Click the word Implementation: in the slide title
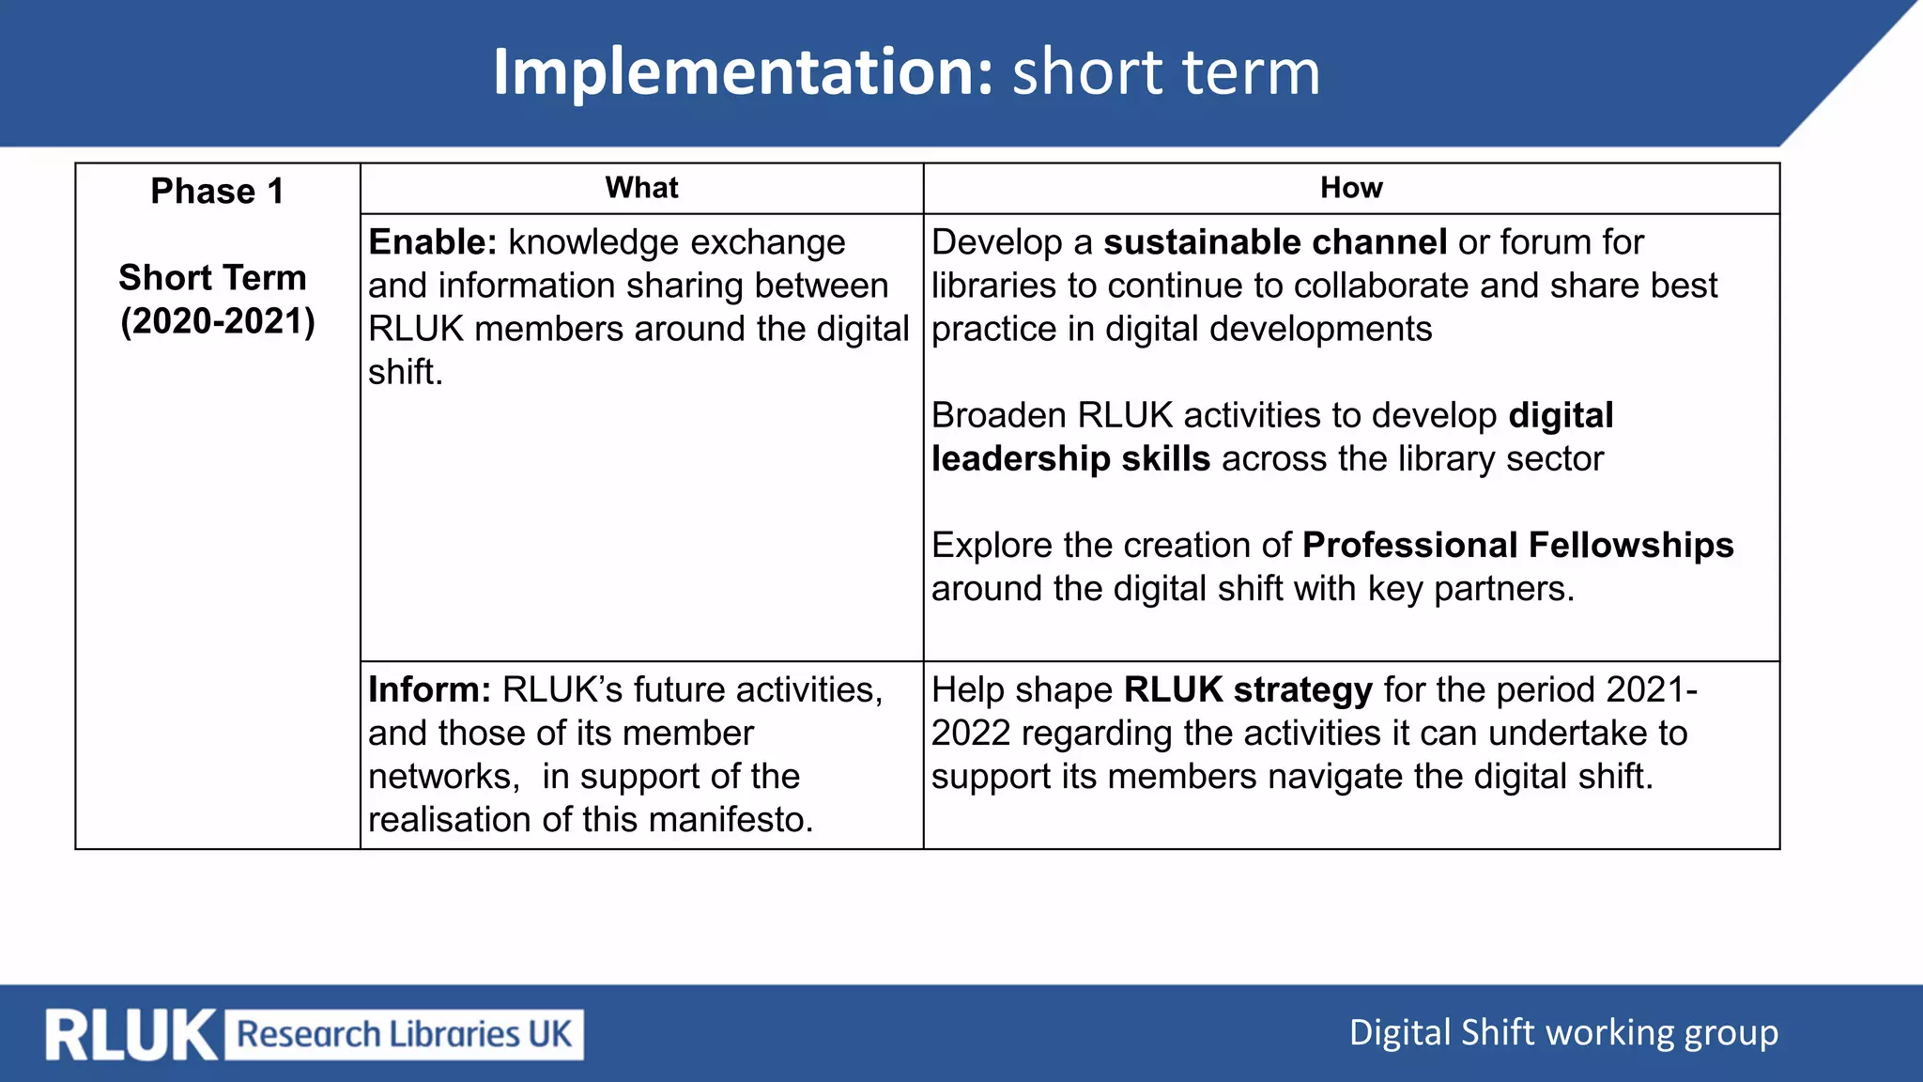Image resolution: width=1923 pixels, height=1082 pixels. pos(743,73)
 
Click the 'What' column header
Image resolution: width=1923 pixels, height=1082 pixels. pos(641,188)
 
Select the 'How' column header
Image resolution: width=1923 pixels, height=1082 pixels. pos(1351,188)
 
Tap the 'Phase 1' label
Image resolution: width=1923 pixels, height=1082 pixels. pos(217,192)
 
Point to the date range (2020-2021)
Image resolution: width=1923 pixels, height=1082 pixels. pos(218,321)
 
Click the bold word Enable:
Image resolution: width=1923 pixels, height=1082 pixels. pos(432,242)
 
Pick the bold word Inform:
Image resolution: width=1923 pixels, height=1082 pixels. pos(429,690)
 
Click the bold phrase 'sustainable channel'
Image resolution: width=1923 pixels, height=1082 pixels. pos(1274,242)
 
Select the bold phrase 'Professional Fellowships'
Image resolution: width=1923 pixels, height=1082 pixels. pos(1517,546)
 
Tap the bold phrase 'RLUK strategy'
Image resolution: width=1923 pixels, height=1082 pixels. pos(1248,690)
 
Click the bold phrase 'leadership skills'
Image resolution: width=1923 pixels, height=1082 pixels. pos(1070,459)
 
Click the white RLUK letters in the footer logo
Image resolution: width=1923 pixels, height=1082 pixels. pos(131,1035)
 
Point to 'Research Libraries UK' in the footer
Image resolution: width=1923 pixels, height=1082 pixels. pos(404,1035)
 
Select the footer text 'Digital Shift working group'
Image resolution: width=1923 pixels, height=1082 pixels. pos(1563,1033)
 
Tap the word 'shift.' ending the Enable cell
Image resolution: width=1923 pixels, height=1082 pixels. pos(405,373)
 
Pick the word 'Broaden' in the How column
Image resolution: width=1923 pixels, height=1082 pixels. pos(998,416)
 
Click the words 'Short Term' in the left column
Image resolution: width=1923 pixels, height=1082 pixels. pos(213,278)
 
